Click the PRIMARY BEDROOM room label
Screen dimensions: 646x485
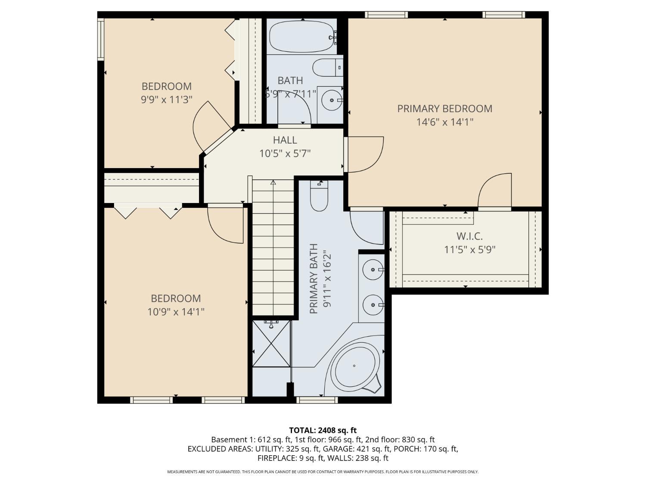click(444, 109)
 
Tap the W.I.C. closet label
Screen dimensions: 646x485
click(469, 236)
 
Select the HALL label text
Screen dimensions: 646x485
click(285, 140)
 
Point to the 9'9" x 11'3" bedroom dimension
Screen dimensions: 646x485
click(167, 100)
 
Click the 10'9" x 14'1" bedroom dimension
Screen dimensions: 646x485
click(176, 312)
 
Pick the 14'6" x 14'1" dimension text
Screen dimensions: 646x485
click(445, 122)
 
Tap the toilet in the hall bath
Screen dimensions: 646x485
click(328, 67)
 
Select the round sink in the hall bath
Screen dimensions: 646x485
click(332, 100)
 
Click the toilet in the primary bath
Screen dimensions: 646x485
click(319, 196)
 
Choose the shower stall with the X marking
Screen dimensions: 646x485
click(271, 344)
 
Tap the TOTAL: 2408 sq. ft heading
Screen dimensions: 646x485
click(323, 431)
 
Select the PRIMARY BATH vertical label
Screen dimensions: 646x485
click(314, 278)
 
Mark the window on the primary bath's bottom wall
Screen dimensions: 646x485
click(317, 400)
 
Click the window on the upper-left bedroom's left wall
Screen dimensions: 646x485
click(101, 39)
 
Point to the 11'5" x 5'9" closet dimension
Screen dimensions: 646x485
click(470, 250)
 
